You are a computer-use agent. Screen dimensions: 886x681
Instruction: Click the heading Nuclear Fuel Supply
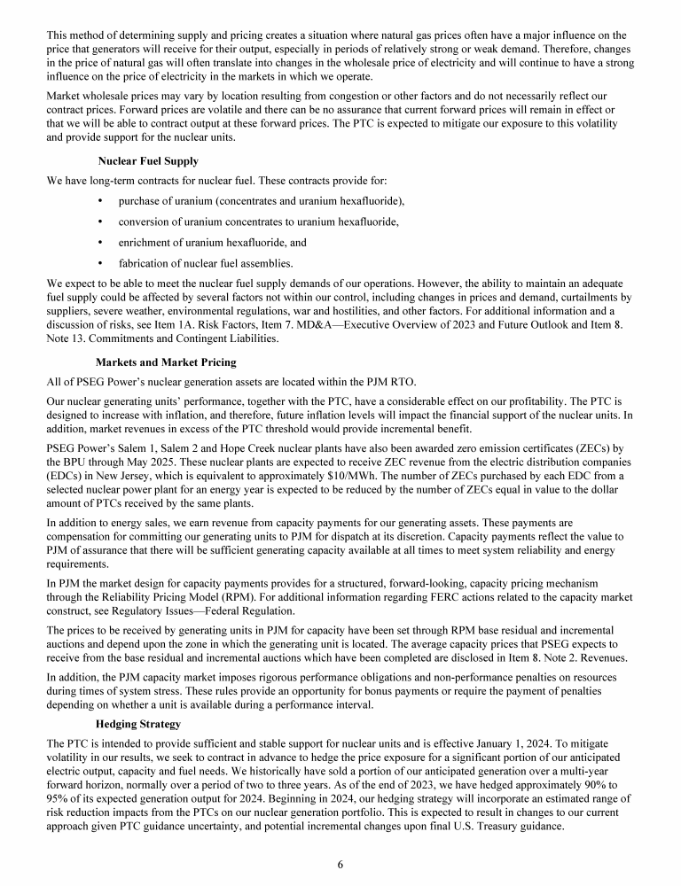[x=148, y=161]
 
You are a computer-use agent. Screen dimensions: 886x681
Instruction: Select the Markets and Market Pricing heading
[x=166, y=362]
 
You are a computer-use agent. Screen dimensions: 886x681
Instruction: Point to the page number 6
[x=340, y=865]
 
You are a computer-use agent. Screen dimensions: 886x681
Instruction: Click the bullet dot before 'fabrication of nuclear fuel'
[x=100, y=263]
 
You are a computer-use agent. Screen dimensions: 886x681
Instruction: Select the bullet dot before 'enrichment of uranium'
[x=100, y=242]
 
